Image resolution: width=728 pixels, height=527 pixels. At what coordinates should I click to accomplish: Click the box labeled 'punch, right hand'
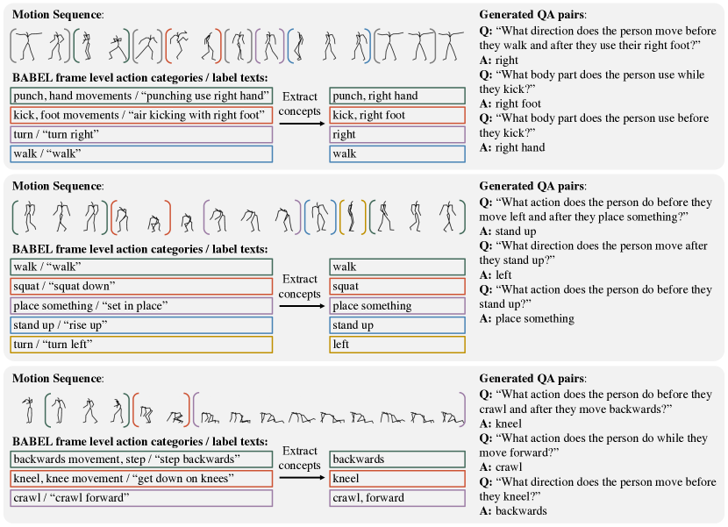(x=397, y=96)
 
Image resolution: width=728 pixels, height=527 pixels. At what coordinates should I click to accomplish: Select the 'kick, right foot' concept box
(x=397, y=115)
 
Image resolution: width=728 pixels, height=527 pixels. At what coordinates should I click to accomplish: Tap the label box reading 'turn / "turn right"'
(x=141, y=134)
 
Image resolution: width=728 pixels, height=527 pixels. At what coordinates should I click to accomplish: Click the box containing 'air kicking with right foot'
(x=141, y=115)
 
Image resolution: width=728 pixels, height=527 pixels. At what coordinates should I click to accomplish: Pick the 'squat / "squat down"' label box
(x=141, y=286)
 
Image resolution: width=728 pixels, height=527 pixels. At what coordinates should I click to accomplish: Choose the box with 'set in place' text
(x=141, y=305)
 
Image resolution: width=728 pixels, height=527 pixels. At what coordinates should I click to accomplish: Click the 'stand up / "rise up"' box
(x=141, y=324)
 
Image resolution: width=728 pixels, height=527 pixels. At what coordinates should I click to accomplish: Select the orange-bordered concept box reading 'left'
(x=397, y=344)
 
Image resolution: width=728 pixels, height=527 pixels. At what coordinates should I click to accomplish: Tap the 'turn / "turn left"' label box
(x=141, y=344)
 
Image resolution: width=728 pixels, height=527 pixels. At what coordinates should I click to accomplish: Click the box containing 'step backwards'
(x=141, y=459)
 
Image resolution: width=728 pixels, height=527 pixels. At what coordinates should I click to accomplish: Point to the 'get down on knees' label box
(x=141, y=478)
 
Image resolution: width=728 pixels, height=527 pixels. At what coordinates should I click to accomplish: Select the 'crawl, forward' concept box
(x=397, y=497)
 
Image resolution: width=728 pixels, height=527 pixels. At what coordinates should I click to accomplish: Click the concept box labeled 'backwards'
(x=397, y=459)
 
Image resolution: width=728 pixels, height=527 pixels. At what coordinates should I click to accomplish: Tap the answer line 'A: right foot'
(x=510, y=103)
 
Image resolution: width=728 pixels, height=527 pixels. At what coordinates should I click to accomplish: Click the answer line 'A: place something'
(x=526, y=319)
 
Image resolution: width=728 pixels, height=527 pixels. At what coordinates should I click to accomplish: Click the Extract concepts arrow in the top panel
(x=300, y=125)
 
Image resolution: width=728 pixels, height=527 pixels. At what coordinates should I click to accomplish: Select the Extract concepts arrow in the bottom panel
(x=300, y=478)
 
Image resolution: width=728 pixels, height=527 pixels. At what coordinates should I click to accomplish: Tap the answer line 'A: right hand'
(x=511, y=147)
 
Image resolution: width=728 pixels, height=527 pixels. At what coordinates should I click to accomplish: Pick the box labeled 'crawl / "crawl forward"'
(x=141, y=497)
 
